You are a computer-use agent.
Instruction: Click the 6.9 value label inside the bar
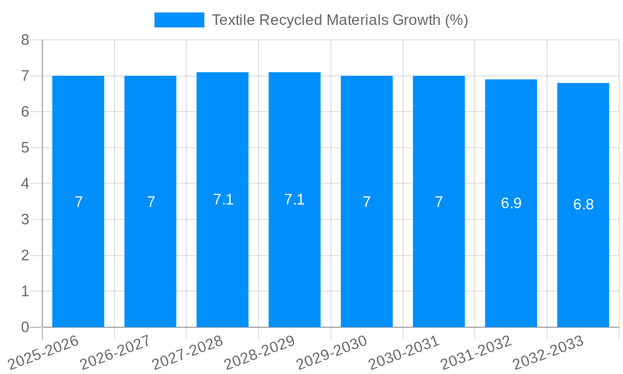tap(511, 203)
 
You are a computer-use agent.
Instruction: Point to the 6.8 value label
tap(583, 204)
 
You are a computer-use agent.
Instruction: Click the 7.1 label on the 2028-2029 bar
tap(294, 199)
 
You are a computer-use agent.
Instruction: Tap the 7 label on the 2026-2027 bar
tap(151, 202)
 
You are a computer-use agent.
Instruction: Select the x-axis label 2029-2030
tap(332, 353)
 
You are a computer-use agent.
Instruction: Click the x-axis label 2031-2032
tap(477, 353)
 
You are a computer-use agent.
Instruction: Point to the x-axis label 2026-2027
tap(116, 353)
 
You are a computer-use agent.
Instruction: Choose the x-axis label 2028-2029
tap(260, 353)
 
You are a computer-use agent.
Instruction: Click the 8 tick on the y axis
tap(25, 40)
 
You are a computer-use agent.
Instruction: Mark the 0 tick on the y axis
tap(25, 327)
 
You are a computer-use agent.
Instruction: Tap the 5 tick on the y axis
tap(25, 148)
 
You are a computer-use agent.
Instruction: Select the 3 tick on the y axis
tap(25, 219)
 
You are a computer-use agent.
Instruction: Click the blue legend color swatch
tap(179, 20)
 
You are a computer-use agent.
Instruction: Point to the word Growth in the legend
tap(417, 20)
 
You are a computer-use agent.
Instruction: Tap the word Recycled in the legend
tap(284, 20)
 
